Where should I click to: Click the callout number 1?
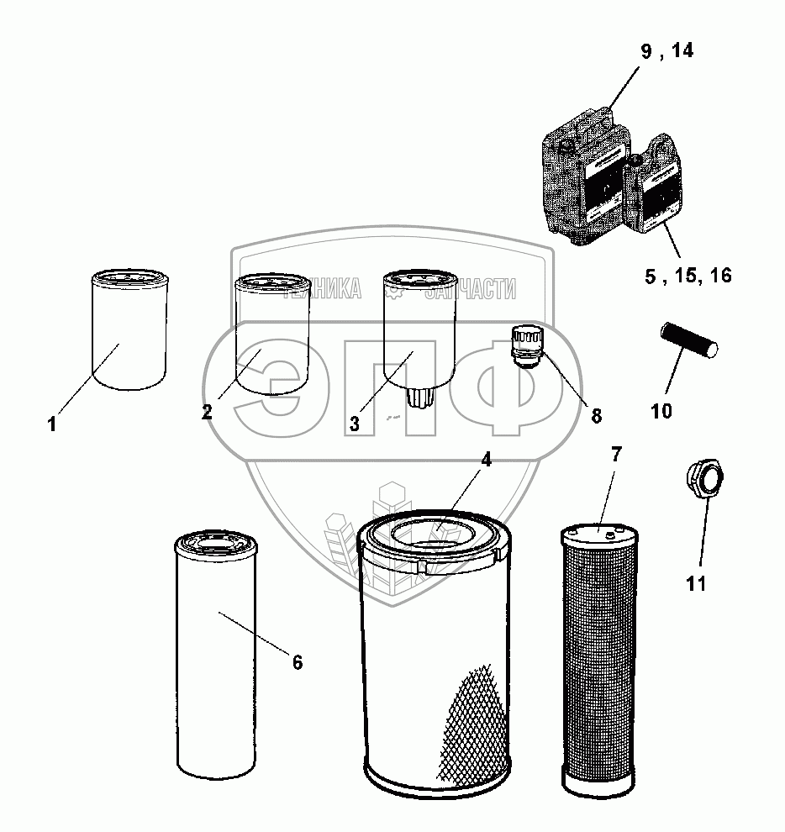(52, 424)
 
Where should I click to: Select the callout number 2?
(205, 412)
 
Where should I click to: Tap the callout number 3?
(355, 424)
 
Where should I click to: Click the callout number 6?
(297, 662)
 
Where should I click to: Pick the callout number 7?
(616, 455)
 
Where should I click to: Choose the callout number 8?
(596, 414)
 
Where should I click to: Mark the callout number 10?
(661, 411)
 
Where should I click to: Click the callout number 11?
(696, 583)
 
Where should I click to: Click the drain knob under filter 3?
(418, 396)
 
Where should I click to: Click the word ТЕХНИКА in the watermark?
(323, 290)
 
